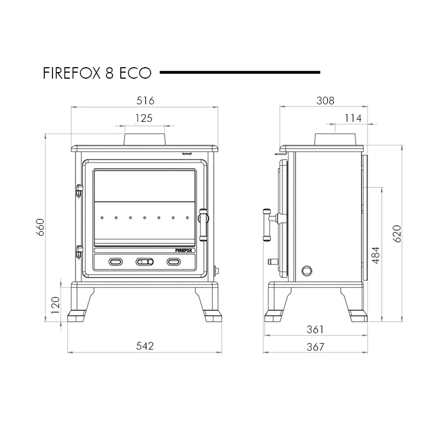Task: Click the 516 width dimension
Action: coord(146,101)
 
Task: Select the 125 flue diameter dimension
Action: coord(144,118)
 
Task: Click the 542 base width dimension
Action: coord(145,345)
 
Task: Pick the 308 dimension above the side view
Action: coord(326,101)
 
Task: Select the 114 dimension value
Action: coord(353,118)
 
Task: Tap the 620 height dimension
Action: coord(397,233)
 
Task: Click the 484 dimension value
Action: coord(375,255)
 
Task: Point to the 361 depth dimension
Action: coord(315,329)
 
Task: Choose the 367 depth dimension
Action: coord(315,346)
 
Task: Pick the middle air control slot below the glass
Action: coord(144,262)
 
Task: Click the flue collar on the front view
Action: coord(145,139)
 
